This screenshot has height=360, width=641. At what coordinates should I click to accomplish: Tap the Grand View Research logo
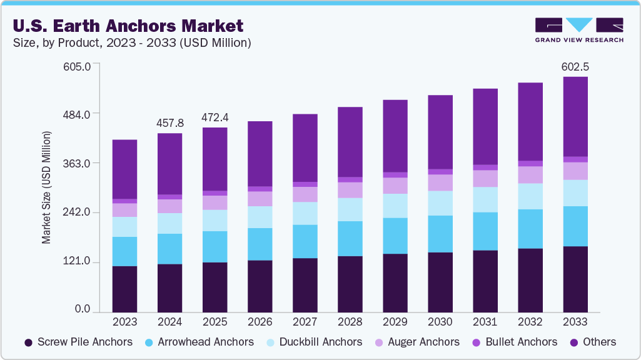point(578,30)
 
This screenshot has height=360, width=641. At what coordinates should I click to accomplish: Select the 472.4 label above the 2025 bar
point(215,117)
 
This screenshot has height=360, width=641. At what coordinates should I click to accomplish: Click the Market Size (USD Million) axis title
point(46,187)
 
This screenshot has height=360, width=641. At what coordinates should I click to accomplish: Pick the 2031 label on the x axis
point(485,322)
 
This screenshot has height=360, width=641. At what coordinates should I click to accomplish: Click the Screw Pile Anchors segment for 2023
point(124,289)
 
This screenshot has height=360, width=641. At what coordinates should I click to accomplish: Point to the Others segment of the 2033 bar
point(575,116)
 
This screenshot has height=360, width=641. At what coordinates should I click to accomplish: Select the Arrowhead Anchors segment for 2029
point(395,236)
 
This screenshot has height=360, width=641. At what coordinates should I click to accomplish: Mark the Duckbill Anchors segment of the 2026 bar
point(260,217)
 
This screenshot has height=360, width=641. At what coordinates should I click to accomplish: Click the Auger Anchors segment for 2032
point(530,174)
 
